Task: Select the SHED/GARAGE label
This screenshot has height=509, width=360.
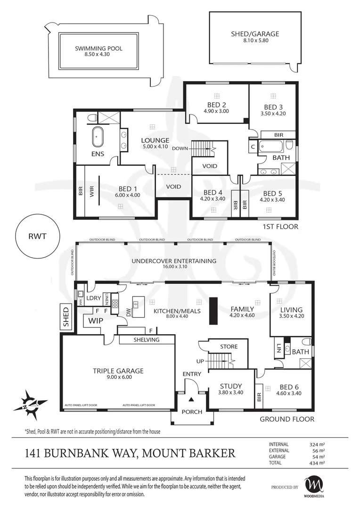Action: [x=255, y=34]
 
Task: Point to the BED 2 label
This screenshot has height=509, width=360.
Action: [x=217, y=105]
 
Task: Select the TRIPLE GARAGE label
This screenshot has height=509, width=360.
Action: [x=118, y=371]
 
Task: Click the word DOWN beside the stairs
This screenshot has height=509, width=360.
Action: [x=180, y=148]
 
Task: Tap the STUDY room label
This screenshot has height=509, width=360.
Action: [x=230, y=386]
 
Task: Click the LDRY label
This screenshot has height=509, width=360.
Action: [x=94, y=298]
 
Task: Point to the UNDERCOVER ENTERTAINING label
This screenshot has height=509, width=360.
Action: [x=174, y=261]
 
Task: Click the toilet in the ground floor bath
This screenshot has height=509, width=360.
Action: [x=306, y=342]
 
